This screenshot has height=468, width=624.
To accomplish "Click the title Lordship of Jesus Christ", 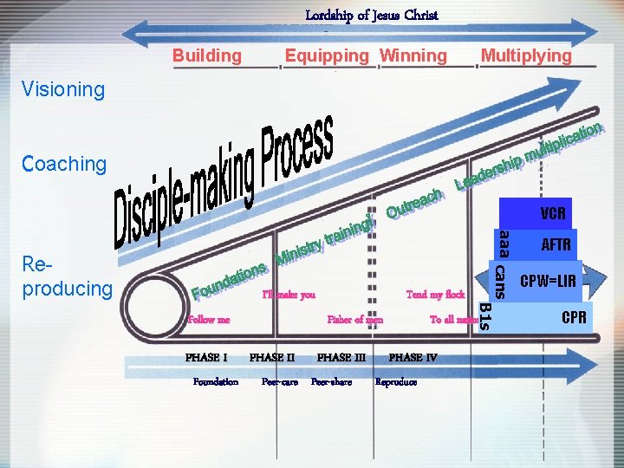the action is [x=372, y=15].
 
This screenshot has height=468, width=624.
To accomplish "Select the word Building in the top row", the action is [x=207, y=56].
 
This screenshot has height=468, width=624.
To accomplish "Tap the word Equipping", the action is [x=327, y=56].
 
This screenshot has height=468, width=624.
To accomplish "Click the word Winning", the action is [x=413, y=56].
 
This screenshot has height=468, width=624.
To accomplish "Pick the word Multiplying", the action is [x=526, y=56].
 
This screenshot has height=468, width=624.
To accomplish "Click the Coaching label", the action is [x=65, y=164].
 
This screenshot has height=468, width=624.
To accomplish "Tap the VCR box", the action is [x=552, y=213].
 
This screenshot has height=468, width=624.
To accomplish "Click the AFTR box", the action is [x=556, y=245].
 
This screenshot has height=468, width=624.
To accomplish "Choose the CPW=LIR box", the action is [x=548, y=281].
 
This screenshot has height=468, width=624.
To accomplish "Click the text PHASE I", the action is [x=206, y=357].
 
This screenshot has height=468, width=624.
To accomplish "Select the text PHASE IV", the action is [x=413, y=357].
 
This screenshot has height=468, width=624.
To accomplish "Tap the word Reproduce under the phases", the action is [x=396, y=382].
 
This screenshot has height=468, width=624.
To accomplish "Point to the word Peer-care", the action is [x=280, y=382].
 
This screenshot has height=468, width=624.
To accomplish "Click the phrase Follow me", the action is [x=208, y=320].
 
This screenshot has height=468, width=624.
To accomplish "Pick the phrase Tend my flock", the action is [x=435, y=296].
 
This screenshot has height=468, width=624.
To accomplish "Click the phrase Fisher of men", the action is [x=355, y=320].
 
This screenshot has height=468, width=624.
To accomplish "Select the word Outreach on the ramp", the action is [x=416, y=201].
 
